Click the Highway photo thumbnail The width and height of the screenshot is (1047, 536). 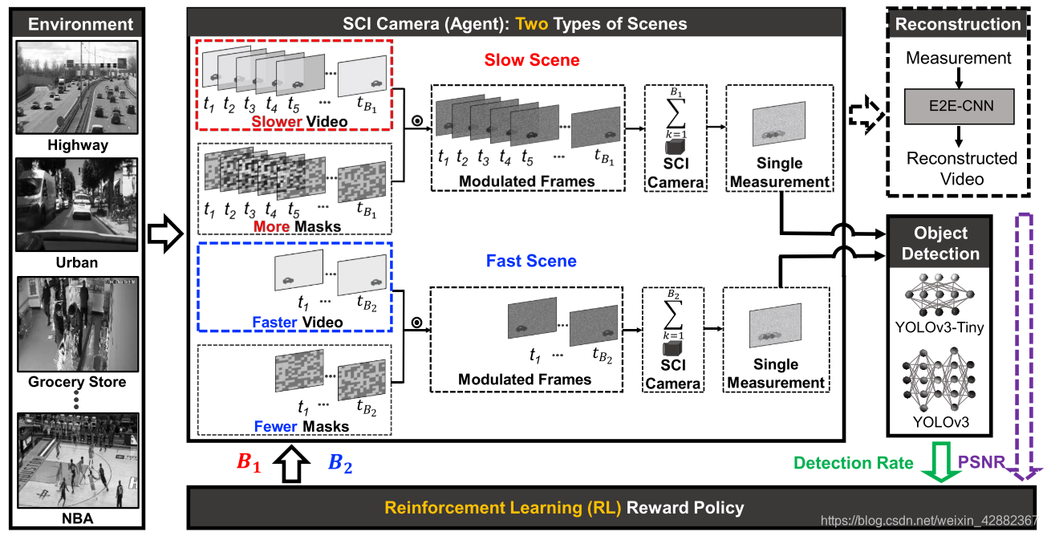click(77, 87)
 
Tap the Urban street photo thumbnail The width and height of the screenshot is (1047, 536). click(77, 205)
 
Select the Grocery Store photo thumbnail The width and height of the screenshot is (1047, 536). click(77, 324)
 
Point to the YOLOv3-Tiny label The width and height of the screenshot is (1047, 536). click(939, 327)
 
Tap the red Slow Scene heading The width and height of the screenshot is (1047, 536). click(531, 60)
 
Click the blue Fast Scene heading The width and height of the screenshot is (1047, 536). click(531, 261)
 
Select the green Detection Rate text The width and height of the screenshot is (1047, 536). click(853, 463)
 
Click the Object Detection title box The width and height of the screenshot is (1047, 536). click(940, 243)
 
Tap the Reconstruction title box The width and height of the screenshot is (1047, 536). click(958, 23)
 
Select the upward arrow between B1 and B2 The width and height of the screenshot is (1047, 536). click(294, 465)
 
